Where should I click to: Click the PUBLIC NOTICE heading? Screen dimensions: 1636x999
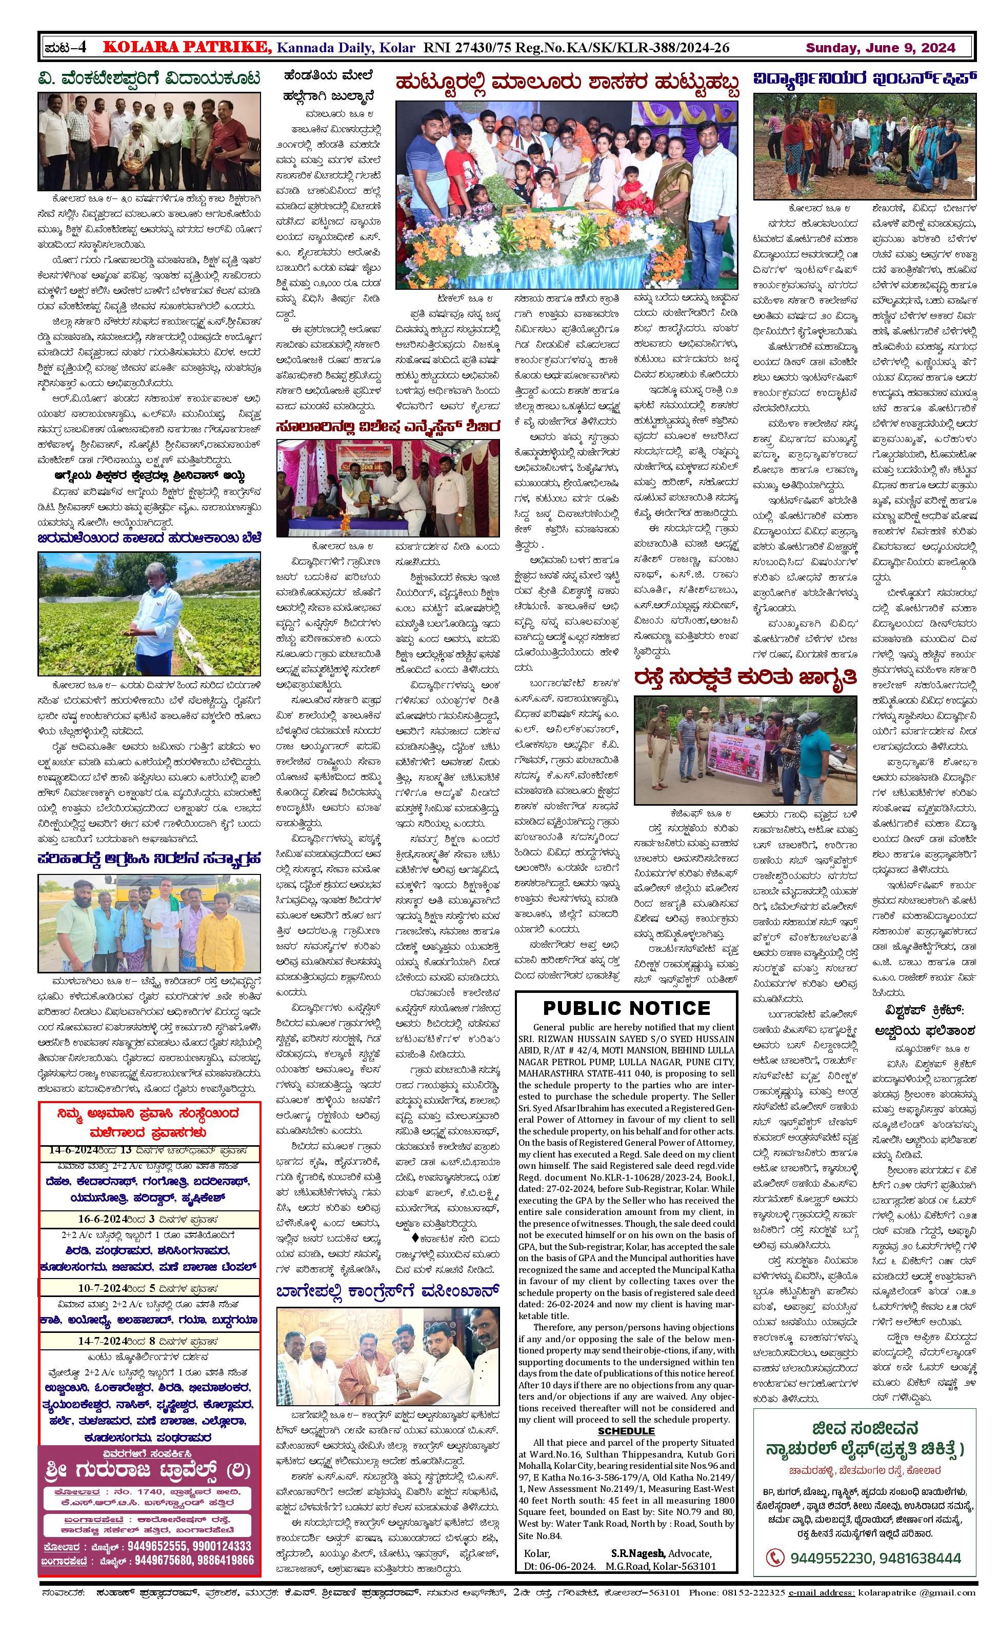pos(626,1008)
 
